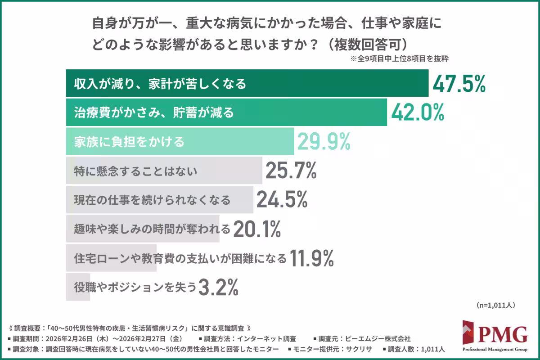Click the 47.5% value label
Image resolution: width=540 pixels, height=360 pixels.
coord(459,84)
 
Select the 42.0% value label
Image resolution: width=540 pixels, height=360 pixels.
coord(418,112)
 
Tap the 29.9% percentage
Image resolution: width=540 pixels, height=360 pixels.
coord(323,142)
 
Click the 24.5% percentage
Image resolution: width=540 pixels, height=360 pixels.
coord(282,199)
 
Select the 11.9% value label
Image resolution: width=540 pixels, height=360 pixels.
coord(311,258)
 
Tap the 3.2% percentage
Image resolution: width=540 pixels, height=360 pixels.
coord(218,287)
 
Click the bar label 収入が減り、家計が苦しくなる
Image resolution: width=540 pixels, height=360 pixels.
coord(160,84)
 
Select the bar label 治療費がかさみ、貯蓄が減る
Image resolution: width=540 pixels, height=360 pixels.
coord(154,112)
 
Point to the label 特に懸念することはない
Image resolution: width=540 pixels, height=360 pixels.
coord(135,171)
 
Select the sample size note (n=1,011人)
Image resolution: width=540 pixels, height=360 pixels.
coord(495,305)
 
